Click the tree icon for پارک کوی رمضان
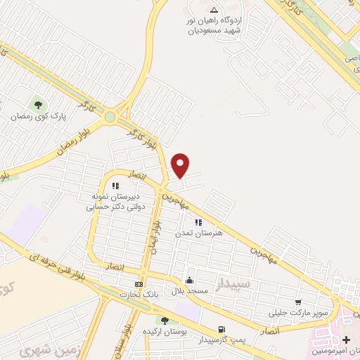[x=37, y=104]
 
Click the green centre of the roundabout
[x=111, y=116]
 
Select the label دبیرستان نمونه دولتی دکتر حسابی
[x=113, y=201]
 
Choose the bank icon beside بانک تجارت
[x=139, y=284]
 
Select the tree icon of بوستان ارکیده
[x=165, y=321]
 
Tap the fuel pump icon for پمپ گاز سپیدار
[x=223, y=329]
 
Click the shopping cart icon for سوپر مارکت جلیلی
[x=299, y=302]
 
